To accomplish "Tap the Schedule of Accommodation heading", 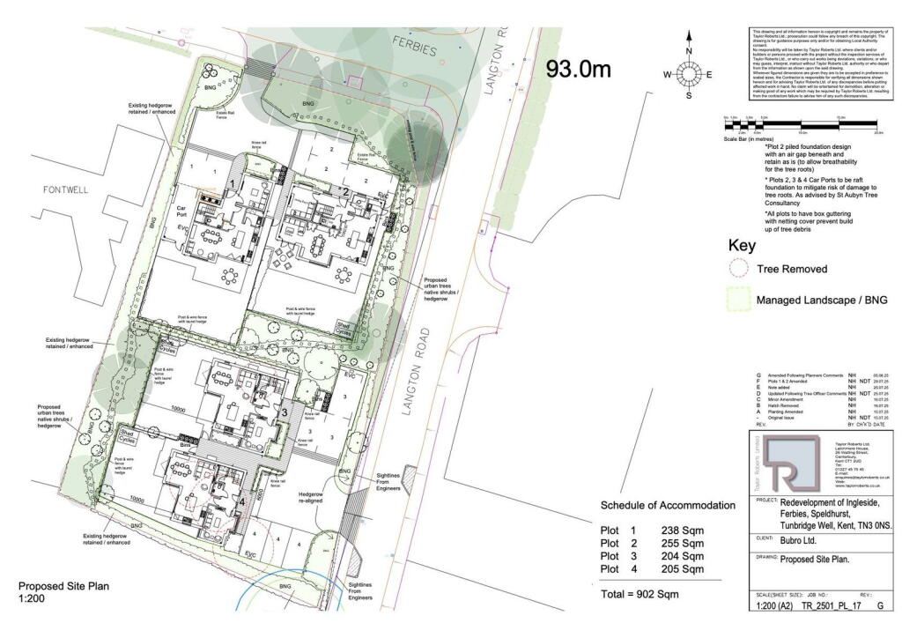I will [x=667, y=505].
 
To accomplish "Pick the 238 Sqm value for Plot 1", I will [x=683, y=530].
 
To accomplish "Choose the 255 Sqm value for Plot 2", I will [x=683, y=543].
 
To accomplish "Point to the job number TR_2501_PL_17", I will [x=827, y=607].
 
